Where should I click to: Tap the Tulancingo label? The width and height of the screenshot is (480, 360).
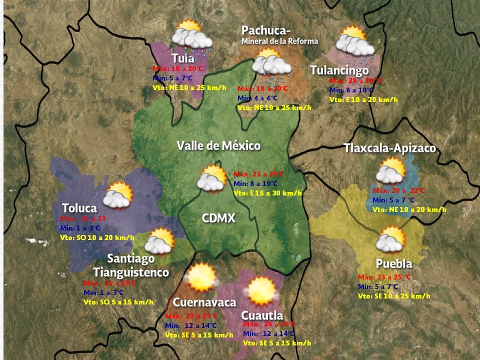coord(339,70)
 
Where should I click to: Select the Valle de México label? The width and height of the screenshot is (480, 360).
coord(218,146)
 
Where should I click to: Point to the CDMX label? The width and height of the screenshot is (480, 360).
coord(218,218)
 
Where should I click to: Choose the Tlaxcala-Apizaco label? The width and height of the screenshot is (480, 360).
coord(389,148)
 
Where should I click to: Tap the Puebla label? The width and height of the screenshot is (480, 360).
coord(394,264)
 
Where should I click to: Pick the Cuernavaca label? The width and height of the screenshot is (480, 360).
coord(204,302)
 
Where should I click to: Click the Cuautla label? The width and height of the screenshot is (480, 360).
coord(262,315)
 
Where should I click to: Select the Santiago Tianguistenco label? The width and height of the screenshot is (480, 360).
coord(131,265)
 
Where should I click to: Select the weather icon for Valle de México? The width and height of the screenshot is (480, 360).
coord(212,178)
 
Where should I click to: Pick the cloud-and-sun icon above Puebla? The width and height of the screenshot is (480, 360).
coord(390,239)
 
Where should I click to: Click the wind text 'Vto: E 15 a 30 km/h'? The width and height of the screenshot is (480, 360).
coord(267,193)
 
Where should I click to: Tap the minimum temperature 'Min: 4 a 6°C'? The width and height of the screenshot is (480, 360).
coord(257,98)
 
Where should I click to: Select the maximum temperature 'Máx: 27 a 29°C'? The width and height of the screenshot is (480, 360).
coord(191,316)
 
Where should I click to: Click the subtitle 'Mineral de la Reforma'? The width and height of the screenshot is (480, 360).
coord(279,41)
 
